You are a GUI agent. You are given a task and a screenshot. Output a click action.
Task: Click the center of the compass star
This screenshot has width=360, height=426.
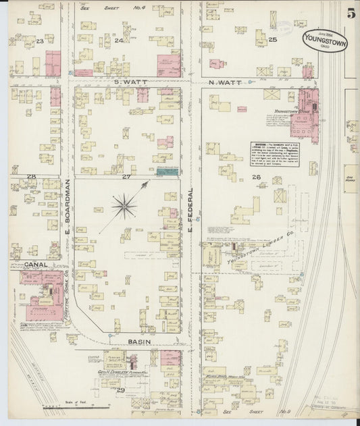tap(124, 203)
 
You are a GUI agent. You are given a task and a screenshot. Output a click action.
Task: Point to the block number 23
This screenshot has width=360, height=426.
tap(40, 42)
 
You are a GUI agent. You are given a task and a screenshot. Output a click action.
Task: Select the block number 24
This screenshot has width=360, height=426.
tap(119, 41)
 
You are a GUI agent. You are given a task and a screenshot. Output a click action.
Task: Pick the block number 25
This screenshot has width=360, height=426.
tap(273, 41)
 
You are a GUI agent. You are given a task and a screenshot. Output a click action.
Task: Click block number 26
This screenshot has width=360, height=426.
tap(256, 178)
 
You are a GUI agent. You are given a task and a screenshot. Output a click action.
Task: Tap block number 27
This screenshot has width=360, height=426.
tap(126, 177)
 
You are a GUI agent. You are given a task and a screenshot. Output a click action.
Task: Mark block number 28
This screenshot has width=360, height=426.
tap(31, 177)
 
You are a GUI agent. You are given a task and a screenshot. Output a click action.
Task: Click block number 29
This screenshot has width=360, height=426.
tap(121, 390)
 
